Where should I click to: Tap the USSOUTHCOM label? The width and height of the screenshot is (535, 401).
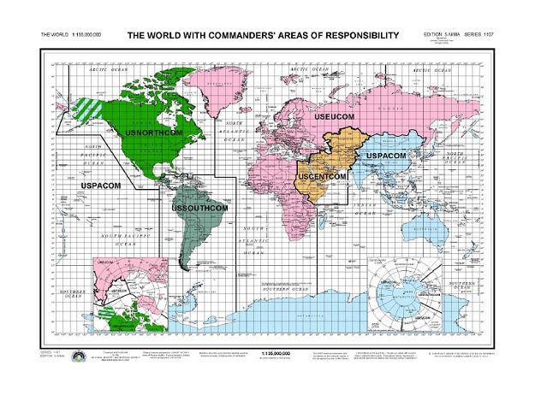[200, 208]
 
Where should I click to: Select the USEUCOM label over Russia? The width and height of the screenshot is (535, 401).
[335, 115]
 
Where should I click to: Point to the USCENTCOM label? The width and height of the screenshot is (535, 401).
[322, 176]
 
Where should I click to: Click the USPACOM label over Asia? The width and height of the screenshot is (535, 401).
[386, 156]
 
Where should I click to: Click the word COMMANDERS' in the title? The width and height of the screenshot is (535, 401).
[231, 36]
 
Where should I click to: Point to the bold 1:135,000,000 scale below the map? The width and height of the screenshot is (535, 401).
[277, 351]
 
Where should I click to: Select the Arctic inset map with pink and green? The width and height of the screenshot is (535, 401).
[128, 292]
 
